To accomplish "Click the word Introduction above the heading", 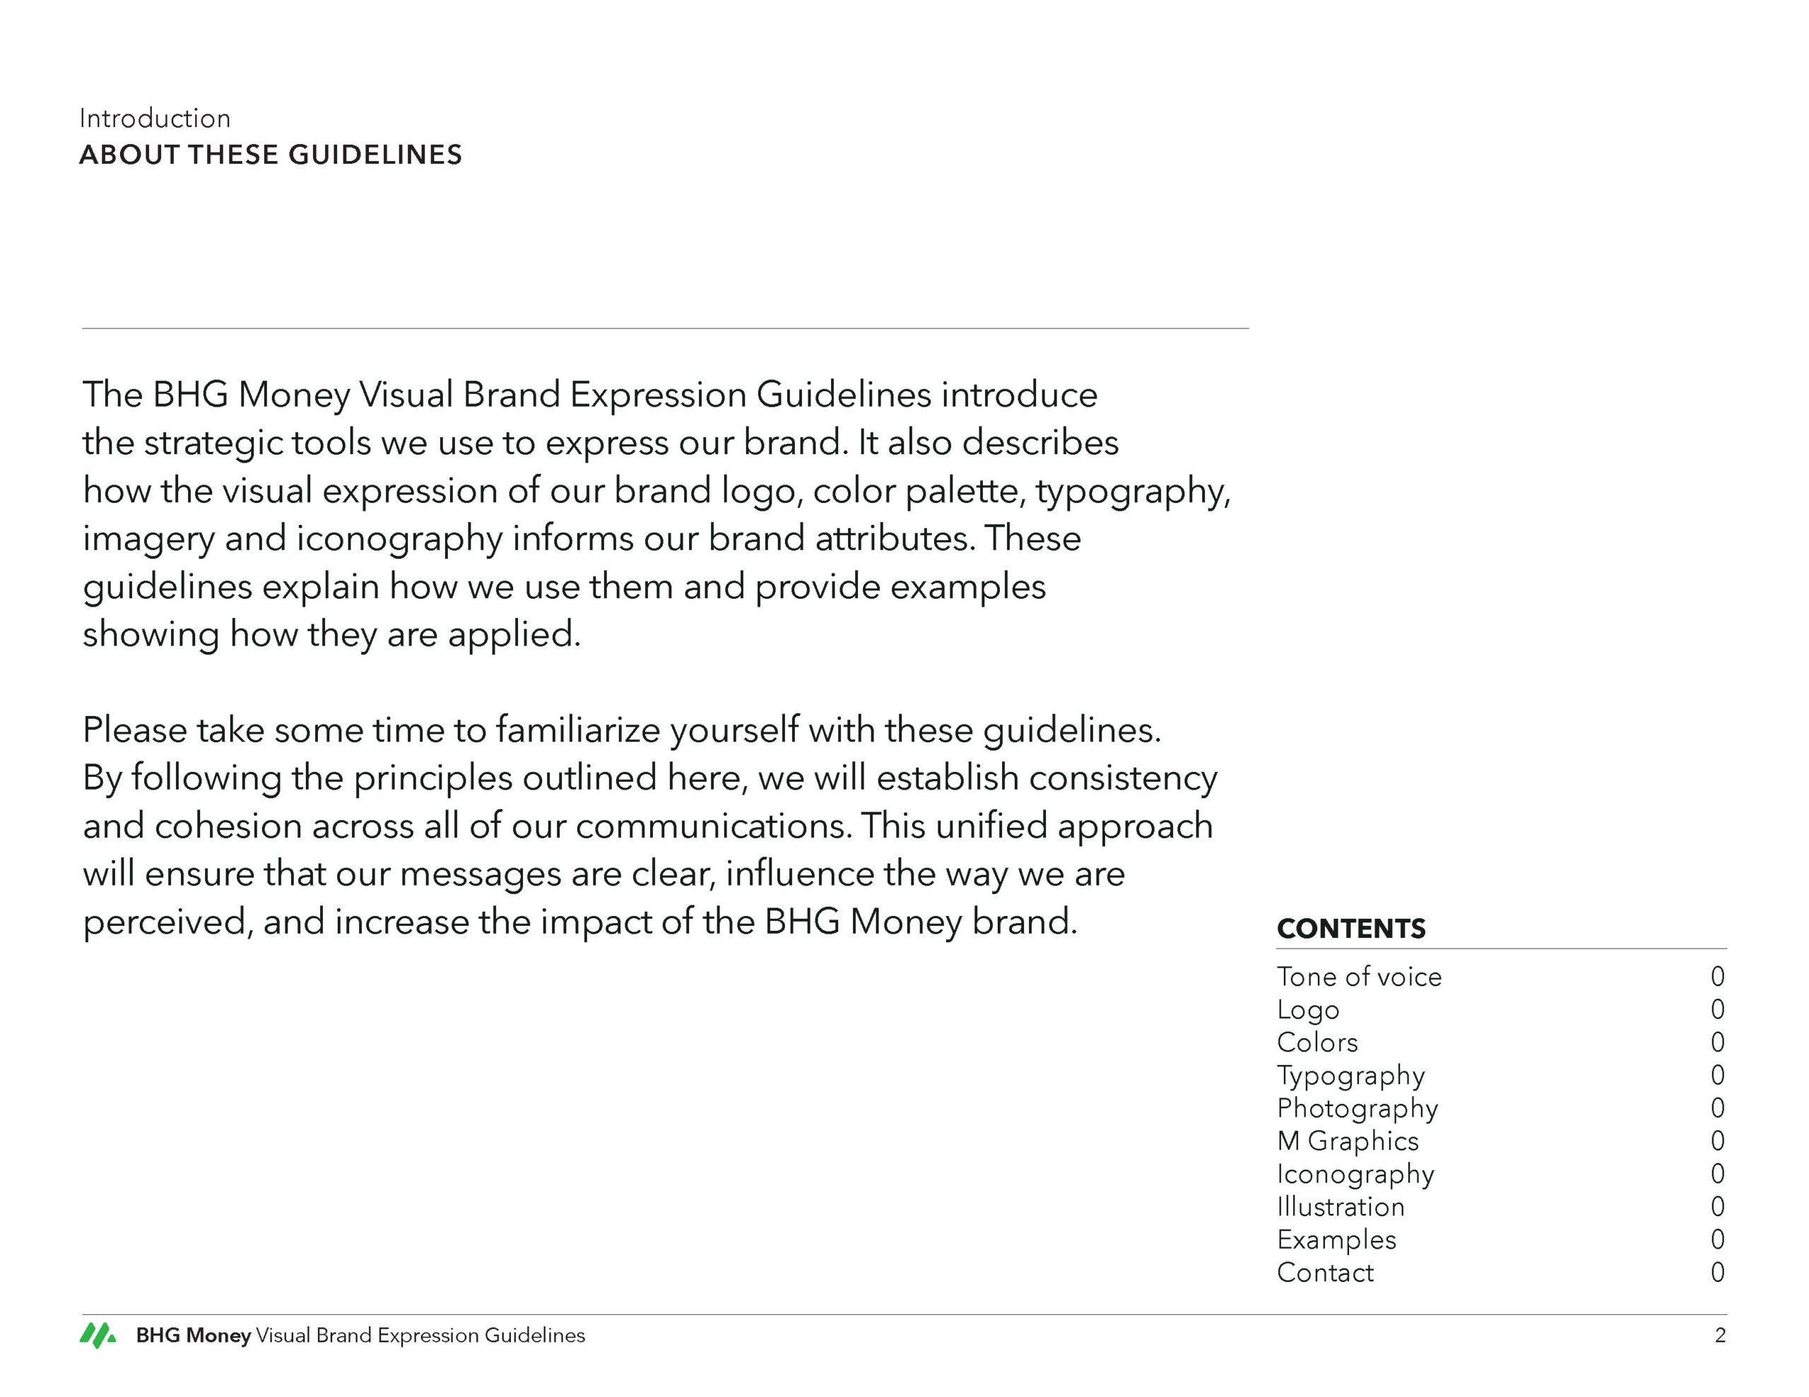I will [x=155, y=119].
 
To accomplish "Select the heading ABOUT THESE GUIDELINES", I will [x=270, y=155].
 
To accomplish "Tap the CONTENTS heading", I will [x=1351, y=928].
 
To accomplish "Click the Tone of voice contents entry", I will [x=1358, y=977].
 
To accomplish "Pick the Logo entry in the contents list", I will [x=1308, y=1010].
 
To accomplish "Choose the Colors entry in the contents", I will [x=1317, y=1042].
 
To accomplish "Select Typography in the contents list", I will [x=1351, y=1076].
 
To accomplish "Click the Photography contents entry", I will [x=1357, y=1108].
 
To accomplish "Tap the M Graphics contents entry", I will [x=1348, y=1141].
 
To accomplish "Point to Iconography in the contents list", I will [x=1355, y=1175].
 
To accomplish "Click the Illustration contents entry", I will [x=1340, y=1206].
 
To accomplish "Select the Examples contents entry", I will [x=1336, y=1240].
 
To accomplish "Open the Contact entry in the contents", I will [x=1325, y=1273].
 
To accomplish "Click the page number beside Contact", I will [x=1717, y=1273].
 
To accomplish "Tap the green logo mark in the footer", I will [x=98, y=1335].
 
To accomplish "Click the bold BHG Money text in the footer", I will [x=193, y=1336].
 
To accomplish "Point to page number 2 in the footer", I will [x=1719, y=1336].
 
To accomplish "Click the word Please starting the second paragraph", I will [x=134, y=730].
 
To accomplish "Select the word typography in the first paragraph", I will [x=1131, y=492].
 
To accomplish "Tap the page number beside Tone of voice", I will [x=1717, y=977].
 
